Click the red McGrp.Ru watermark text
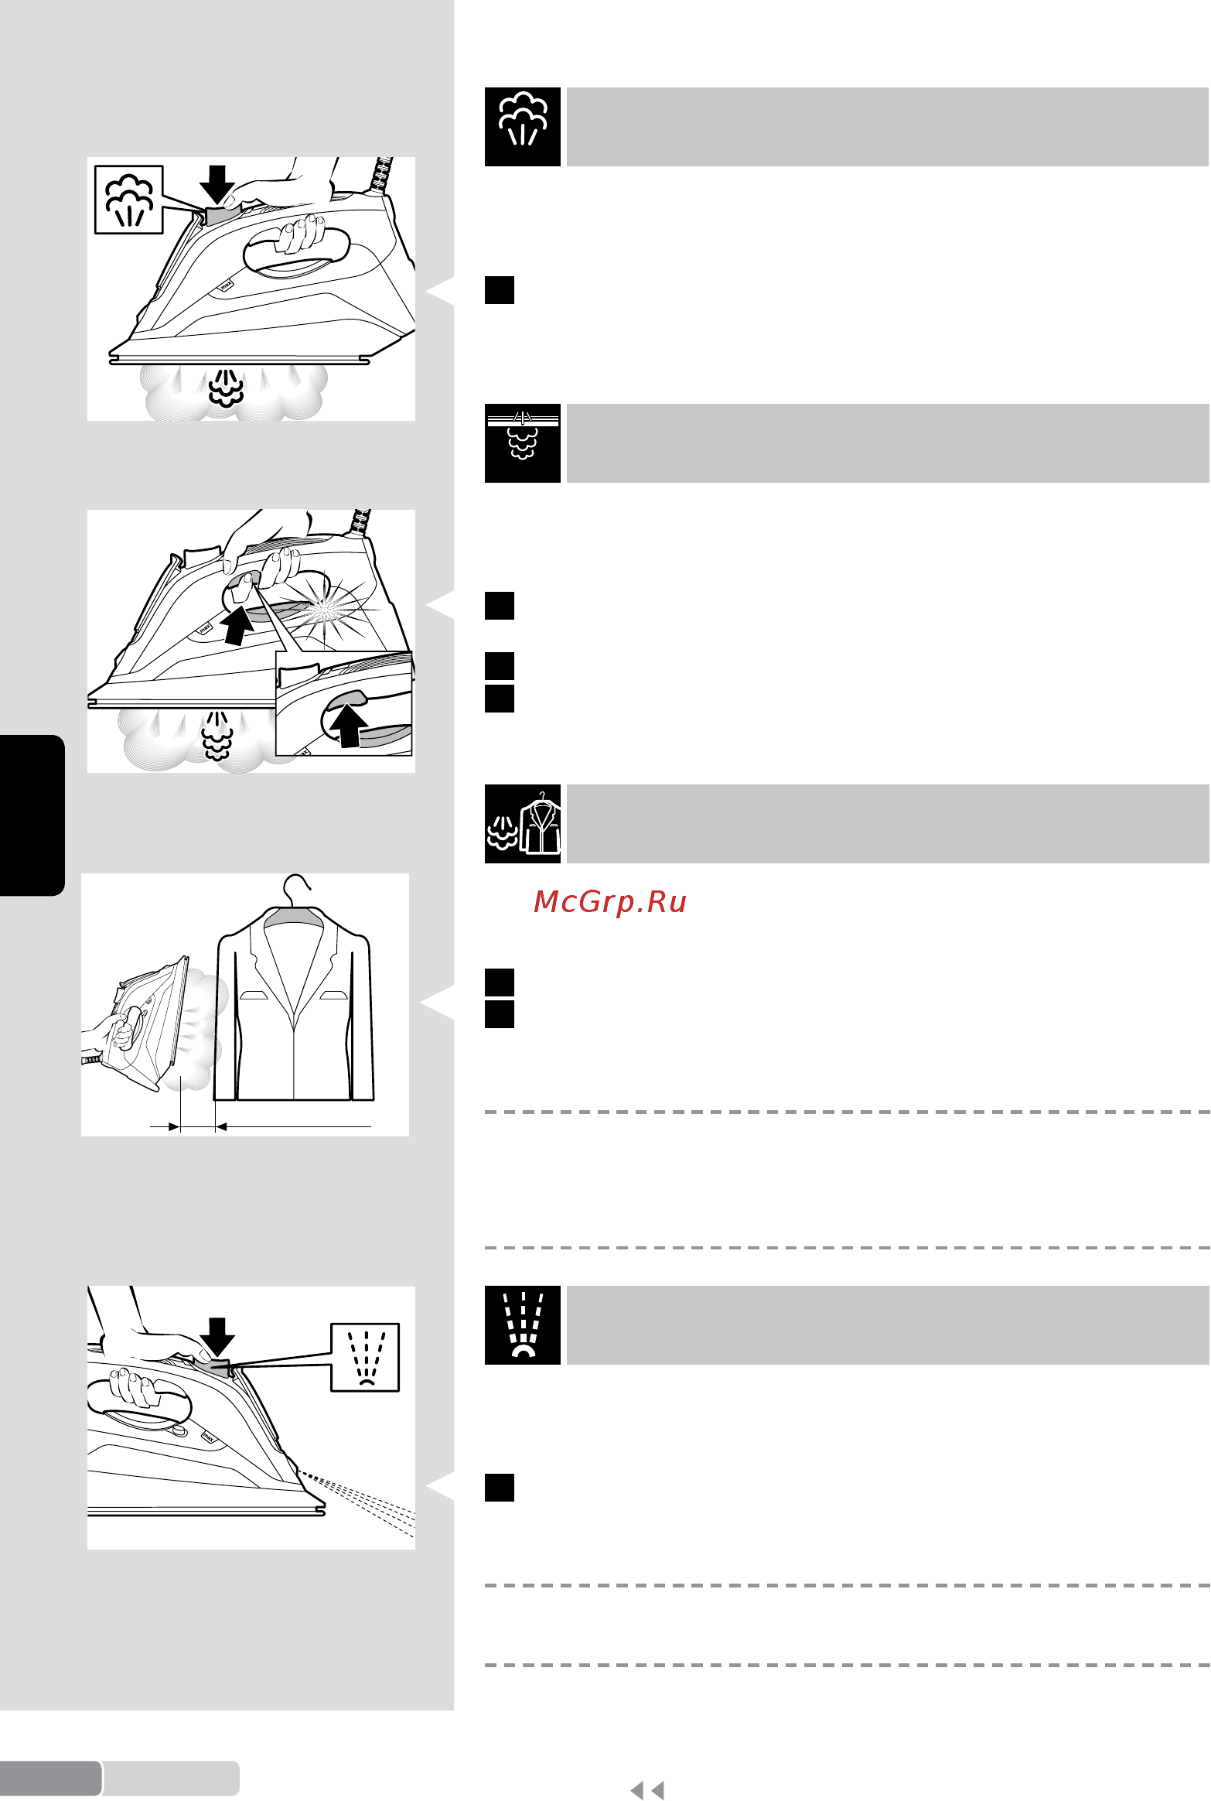[x=610, y=902]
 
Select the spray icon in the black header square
[x=523, y=1324]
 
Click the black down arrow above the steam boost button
[x=217, y=184]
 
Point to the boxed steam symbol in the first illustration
[x=129, y=200]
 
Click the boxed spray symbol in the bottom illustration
[x=365, y=1357]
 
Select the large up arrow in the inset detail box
[x=349, y=726]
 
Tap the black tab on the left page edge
[x=32, y=815]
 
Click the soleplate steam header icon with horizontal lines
[x=523, y=436]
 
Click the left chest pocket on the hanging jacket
[x=254, y=995]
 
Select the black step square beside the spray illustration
[x=500, y=1488]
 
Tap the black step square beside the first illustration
[x=500, y=290]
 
